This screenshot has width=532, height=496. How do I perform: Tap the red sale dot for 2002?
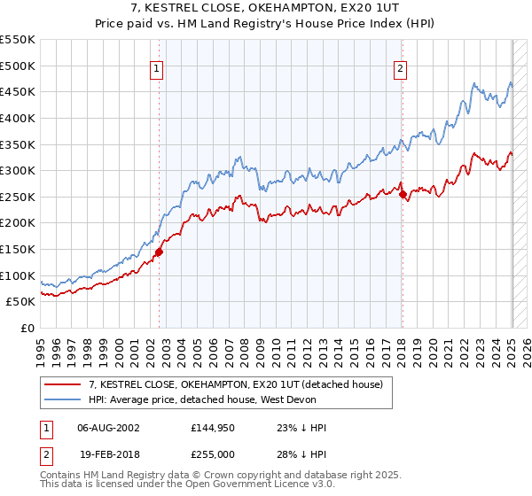[x=160, y=252]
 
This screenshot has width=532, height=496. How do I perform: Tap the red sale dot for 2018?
[x=403, y=194]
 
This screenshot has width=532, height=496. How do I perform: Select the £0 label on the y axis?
[x=27, y=328]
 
